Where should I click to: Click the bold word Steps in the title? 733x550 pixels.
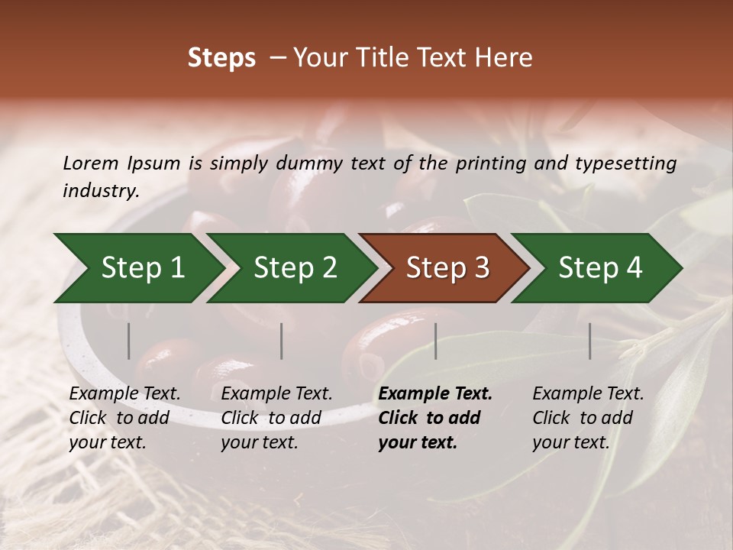pos(221,58)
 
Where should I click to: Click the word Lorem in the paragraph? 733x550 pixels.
pos(91,163)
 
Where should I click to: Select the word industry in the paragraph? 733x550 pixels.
pos(99,191)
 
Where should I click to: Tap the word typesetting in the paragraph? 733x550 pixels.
pos(625,163)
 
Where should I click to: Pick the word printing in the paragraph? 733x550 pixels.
pos(488,163)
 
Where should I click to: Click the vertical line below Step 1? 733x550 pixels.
pos(129,341)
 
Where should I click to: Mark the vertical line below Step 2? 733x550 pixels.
pos(282,341)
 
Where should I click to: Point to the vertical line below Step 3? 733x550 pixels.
pos(435,341)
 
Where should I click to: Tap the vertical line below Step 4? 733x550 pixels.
pos(590,341)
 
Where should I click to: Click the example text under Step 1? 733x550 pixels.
pos(124,418)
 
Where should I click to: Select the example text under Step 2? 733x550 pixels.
pos(276,418)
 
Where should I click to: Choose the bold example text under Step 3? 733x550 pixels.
pos(435,418)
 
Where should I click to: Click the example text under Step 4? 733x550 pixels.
pos(588,418)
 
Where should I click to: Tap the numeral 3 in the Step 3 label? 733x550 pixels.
pos(480,268)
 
